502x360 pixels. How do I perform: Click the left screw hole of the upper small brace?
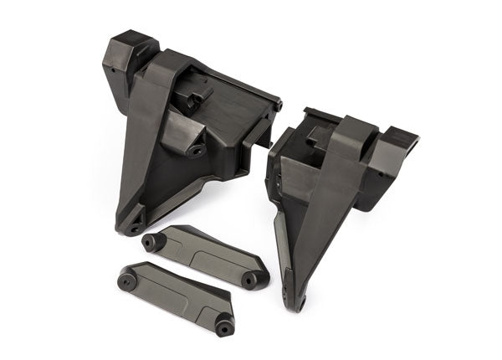tap(151, 243)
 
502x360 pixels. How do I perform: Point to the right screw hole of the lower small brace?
tap(224, 325)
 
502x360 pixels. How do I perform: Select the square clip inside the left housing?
tap(192, 100)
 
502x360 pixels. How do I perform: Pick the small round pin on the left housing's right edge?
tap(279, 106)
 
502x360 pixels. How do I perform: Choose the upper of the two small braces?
tap(205, 255)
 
